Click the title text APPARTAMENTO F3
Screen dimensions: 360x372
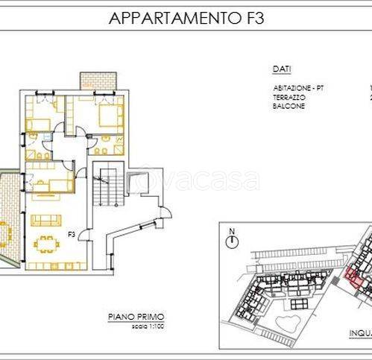pos(186,19)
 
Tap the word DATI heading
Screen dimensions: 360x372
pos(281,69)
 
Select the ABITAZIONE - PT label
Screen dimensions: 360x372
pos(297,89)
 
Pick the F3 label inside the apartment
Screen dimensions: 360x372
pos(72,235)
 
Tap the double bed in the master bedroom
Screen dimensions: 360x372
pos(107,115)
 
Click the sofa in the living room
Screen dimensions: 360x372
pos(45,219)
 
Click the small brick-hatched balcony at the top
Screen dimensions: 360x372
pos(94,80)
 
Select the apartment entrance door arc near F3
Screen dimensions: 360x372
pos(84,235)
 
